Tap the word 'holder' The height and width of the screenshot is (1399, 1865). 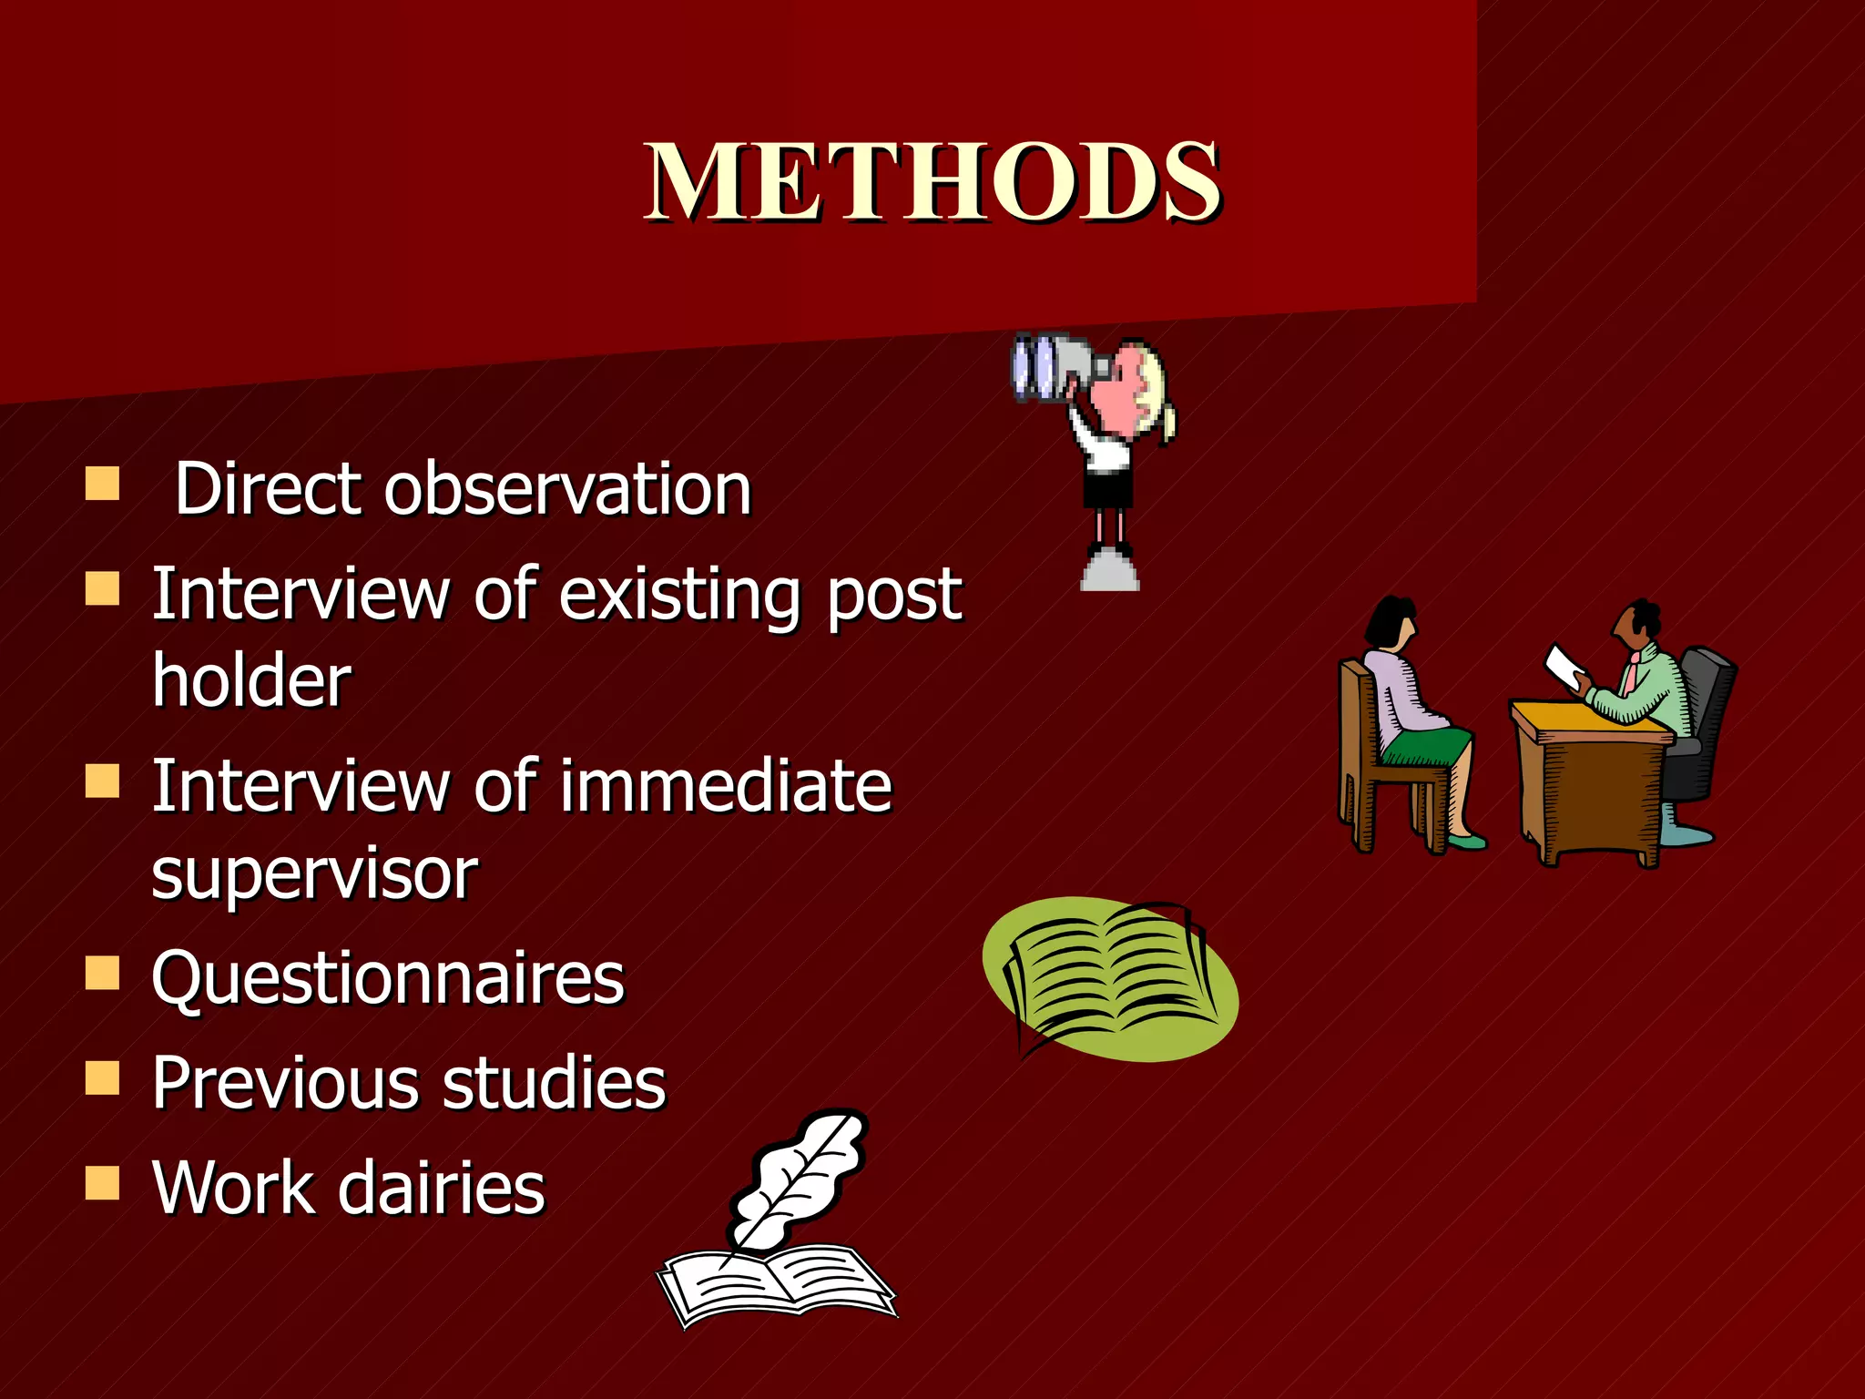[x=251, y=681]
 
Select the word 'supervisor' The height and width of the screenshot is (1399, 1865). [x=314, y=874]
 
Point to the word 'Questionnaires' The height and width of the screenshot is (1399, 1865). [x=388, y=978]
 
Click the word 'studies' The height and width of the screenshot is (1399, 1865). [x=555, y=1083]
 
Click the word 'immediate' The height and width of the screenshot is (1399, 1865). [x=725, y=786]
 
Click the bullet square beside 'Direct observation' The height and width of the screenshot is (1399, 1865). [x=102, y=484]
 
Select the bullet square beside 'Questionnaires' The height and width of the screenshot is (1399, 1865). [x=102, y=973]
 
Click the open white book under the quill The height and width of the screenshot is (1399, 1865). [x=774, y=1284]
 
